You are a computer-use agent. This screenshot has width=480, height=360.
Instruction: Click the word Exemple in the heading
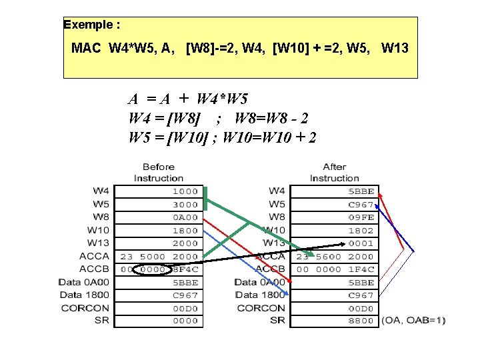coord(88,25)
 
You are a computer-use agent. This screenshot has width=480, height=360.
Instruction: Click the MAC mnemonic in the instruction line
coord(87,49)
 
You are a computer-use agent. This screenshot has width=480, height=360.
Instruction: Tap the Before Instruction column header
coord(158,173)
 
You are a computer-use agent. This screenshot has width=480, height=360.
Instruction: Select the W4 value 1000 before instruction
coord(186,191)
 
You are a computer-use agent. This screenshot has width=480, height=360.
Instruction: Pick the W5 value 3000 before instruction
coord(186,205)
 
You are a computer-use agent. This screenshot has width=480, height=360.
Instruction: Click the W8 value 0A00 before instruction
coord(186,217)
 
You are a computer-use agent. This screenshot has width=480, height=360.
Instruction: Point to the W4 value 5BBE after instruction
coord(361,191)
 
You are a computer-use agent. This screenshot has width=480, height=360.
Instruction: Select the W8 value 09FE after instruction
coord(361,217)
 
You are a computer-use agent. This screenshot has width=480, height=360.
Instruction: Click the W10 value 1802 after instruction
coord(361,231)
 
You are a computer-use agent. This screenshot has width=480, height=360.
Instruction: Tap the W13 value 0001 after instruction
coord(361,243)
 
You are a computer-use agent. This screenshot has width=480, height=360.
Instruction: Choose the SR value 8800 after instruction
coord(361,321)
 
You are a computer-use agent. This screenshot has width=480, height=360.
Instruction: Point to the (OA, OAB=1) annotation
coord(414,321)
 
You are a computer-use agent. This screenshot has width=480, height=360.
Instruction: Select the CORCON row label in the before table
coord(85,308)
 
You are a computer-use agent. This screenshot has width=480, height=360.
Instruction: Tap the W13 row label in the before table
coord(98,243)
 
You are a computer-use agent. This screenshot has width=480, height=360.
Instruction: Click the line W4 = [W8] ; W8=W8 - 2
coord(218,119)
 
